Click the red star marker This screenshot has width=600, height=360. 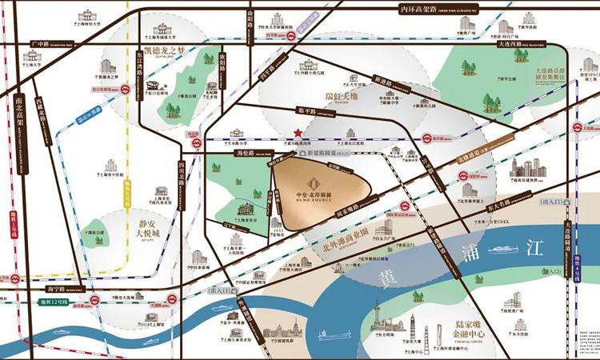(x=297, y=132)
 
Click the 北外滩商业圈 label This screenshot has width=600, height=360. (x=342, y=234)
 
